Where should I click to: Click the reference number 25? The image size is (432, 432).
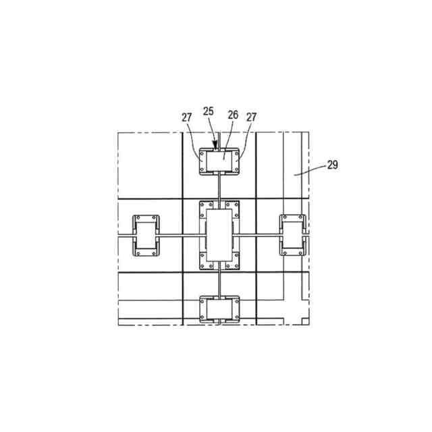click(x=209, y=111)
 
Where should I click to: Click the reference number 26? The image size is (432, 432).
click(x=233, y=115)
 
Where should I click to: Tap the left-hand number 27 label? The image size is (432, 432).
click(x=186, y=117)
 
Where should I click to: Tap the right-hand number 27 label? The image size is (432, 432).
click(x=251, y=117)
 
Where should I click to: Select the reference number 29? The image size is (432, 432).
click(x=333, y=165)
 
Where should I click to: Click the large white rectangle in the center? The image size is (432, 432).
click(x=219, y=235)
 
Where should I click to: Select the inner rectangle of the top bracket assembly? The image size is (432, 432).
click(x=219, y=161)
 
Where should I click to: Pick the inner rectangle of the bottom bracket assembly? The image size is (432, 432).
click(x=219, y=309)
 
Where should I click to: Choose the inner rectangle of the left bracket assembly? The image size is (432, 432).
click(x=146, y=236)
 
